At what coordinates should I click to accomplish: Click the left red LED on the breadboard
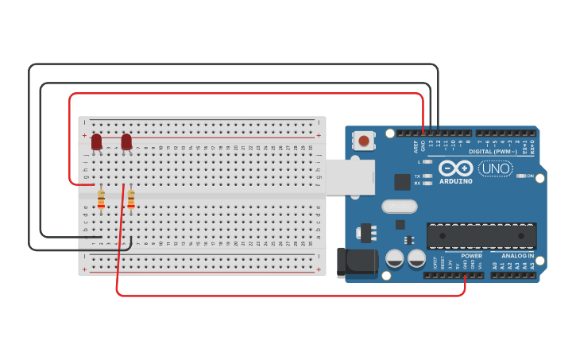coord(97,141)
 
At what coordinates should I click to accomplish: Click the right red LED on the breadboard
coord(126,141)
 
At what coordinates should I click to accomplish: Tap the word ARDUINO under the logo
coord(455,181)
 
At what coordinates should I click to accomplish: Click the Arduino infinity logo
coord(455,168)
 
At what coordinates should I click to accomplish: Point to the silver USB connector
coord(350,176)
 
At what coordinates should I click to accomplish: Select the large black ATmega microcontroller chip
coord(481,236)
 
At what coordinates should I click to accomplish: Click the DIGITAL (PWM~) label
coord(490,151)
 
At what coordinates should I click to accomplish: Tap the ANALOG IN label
coord(517,256)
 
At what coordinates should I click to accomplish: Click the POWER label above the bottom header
coord(471,256)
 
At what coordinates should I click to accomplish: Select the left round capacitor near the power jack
coord(394,258)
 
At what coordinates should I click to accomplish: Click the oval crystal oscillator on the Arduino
coord(399,207)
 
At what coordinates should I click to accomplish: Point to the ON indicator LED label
coord(530,176)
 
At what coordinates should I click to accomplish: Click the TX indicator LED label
coord(417,176)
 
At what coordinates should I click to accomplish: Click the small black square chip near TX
coord(402,182)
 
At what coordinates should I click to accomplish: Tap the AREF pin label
coord(416,146)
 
